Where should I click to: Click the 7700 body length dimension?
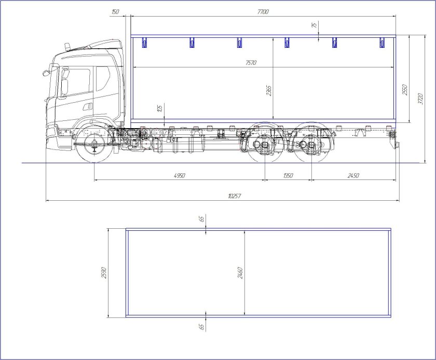point(263,12)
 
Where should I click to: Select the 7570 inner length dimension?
point(251,63)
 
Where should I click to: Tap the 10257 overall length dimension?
point(234,196)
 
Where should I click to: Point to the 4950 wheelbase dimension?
point(180,176)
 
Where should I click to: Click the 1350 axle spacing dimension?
point(288,176)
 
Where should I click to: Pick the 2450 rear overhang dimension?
point(353,176)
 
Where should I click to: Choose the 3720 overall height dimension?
point(420,99)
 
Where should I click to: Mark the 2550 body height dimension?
point(405,90)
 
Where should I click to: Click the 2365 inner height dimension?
point(269,91)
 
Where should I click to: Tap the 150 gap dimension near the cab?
point(115,12)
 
